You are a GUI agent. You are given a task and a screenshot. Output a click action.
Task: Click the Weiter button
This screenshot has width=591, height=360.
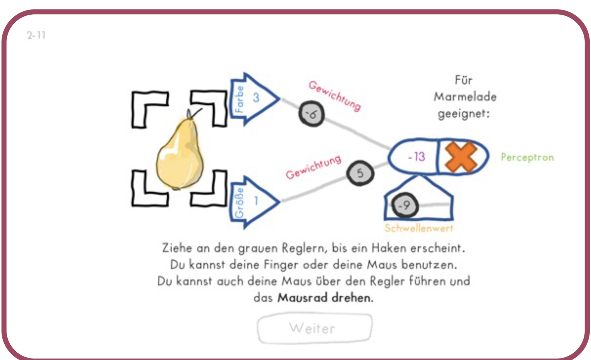(x=315, y=328)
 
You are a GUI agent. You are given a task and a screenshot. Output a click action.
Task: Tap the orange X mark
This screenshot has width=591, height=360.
(x=461, y=157)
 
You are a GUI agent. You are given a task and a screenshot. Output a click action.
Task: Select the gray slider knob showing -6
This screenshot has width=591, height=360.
(x=312, y=114)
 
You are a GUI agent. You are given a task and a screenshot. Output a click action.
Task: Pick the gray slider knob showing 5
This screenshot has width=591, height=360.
(x=360, y=173)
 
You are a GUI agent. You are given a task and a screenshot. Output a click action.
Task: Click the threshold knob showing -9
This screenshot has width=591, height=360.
(x=405, y=205)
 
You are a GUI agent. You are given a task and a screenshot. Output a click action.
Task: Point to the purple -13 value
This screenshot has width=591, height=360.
(x=417, y=157)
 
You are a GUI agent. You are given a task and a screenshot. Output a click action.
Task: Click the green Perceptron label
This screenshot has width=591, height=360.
(x=527, y=158)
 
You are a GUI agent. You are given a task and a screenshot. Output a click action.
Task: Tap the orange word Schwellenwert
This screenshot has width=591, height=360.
(x=419, y=228)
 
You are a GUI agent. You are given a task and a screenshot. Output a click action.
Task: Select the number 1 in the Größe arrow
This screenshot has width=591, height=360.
(x=256, y=201)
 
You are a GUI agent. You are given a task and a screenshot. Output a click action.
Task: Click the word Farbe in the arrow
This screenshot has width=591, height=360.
(x=240, y=99)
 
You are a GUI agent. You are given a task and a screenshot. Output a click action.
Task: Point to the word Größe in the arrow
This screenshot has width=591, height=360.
(x=239, y=203)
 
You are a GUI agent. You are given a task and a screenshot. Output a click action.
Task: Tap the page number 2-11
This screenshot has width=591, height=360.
(x=36, y=35)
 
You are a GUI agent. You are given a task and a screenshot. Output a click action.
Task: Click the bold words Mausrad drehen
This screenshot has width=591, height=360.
(x=325, y=298)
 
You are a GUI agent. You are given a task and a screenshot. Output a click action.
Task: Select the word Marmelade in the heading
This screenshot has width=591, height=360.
(x=465, y=97)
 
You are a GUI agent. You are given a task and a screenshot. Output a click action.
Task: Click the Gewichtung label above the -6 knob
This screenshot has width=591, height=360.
(x=335, y=96)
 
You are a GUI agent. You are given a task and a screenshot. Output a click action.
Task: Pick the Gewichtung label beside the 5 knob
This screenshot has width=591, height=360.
(x=313, y=167)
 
